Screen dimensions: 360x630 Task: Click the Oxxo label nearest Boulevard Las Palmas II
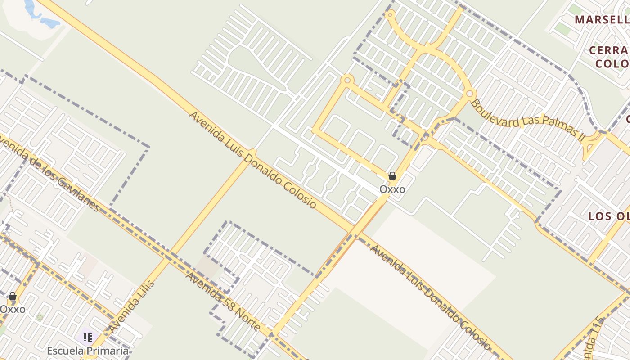pyautogui.click(x=392, y=189)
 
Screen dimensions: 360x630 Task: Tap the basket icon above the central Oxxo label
pyautogui.click(x=392, y=176)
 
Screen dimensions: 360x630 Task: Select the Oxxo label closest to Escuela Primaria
pyautogui.click(x=13, y=309)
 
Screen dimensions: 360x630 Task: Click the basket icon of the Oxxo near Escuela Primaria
pyautogui.click(x=13, y=296)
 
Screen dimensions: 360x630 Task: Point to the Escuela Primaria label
pyautogui.click(x=88, y=351)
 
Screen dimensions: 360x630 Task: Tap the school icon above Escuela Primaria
pyautogui.click(x=87, y=337)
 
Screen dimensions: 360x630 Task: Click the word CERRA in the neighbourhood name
pyautogui.click(x=608, y=50)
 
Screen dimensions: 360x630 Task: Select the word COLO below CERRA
pyautogui.click(x=612, y=63)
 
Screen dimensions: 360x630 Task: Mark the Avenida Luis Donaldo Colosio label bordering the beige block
pyautogui.click(x=430, y=297)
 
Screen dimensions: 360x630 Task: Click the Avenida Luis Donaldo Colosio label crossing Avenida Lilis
pyautogui.click(x=252, y=160)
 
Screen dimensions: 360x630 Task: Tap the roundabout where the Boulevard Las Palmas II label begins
pyautogui.click(x=469, y=94)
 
